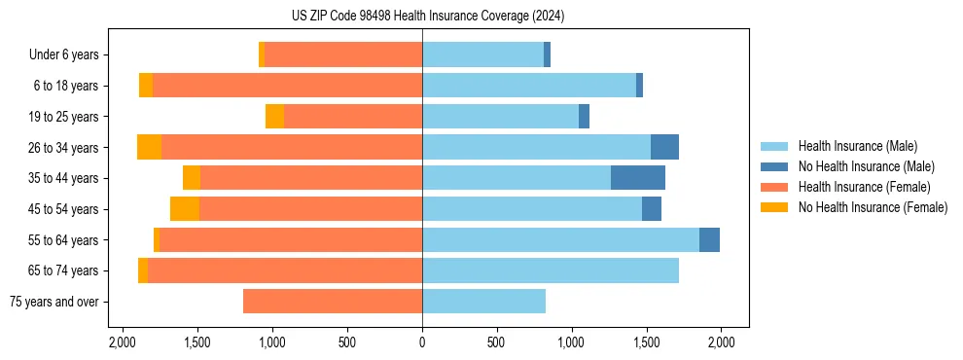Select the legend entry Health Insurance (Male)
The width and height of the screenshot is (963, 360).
tap(857, 146)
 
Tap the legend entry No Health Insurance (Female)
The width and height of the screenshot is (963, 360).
tap(872, 207)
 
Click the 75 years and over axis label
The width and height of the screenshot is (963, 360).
tap(53, 302)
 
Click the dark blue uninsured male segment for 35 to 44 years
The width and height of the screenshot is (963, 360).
tap(637, 178)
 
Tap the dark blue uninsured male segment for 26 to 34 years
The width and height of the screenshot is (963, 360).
tap(664, 147)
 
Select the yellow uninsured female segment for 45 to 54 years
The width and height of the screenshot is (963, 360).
tap(185, 209)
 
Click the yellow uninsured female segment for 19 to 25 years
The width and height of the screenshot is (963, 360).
tap(274, 117)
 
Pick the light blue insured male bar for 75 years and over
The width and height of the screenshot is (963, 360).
tap(483, 302)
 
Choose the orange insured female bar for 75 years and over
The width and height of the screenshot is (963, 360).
tap(333, 302)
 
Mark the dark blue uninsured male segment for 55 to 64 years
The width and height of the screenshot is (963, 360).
tap(709, 239)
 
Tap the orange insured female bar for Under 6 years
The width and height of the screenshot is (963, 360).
tap(342, 55)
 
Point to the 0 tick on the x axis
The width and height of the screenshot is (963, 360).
tap(422, 342)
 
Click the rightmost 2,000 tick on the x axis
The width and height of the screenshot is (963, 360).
tap(720, 342)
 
